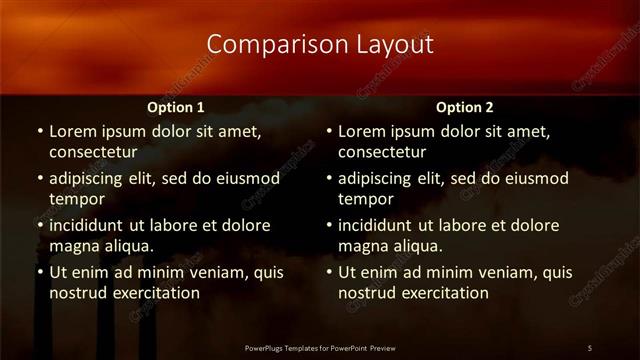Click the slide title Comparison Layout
click(320, 45)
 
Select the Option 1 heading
click(176, 107)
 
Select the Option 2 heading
click(465, 107)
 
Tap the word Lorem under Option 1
click(72, 131)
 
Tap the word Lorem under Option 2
click(361, 131)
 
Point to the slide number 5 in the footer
click(589, 347)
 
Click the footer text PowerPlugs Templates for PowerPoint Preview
click(320, 347)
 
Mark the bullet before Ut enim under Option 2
click(329, 272)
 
